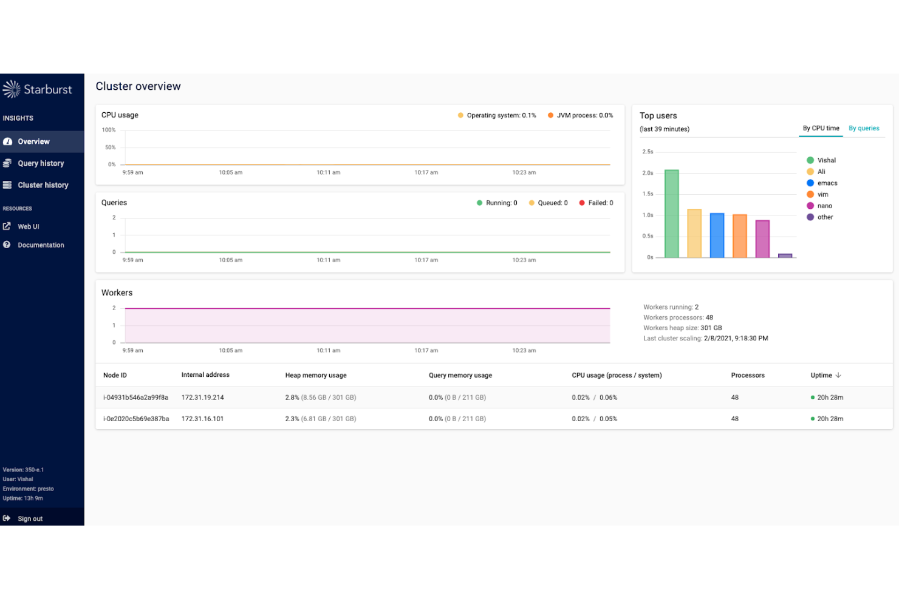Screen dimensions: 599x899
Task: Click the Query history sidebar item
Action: click(x=41, y=163)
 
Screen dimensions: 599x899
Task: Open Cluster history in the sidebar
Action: click(x=43, y=185)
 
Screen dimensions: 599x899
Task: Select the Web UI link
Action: click(x=28, y=226)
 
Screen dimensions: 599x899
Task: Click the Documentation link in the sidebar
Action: click(x=41, y=245)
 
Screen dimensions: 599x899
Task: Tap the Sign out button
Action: click(x=30, y=519)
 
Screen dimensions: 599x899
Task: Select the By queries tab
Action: click(x=864, y=128)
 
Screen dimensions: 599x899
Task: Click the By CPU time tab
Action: click(x=821, y=128)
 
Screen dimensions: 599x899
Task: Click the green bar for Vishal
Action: click(x=671, y=214)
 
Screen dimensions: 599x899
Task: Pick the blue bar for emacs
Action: click(x=717, y=235)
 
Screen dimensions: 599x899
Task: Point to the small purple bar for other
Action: click(x=785, y=256)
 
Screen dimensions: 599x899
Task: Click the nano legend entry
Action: click(x=824, y=206)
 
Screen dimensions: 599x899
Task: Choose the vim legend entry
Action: click(x=822, y=194)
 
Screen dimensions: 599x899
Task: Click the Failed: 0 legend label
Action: click(x=600, y=203)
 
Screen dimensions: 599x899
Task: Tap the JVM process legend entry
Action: click(x=584, y=115)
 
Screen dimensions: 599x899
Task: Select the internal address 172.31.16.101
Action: click(x=202, y=419)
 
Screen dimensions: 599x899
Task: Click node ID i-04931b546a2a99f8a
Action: click(x=135, y=398)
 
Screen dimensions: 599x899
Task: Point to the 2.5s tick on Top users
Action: click(x=648, y=152)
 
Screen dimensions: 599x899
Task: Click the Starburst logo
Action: click(x=38, y=90)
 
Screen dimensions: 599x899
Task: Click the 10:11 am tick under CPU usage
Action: click(x=328, y=172)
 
